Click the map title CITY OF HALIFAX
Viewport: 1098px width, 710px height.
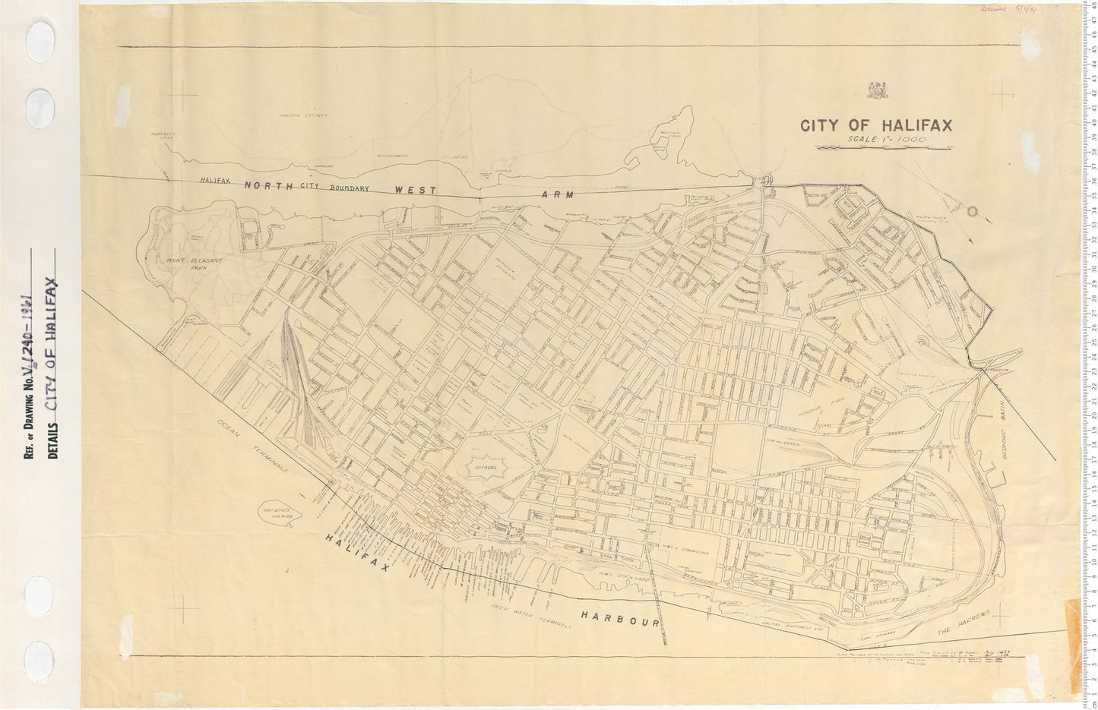pyautogui.click(x=876, y=125)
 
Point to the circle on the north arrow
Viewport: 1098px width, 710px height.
pyautogui.click(x=971, y=212)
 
